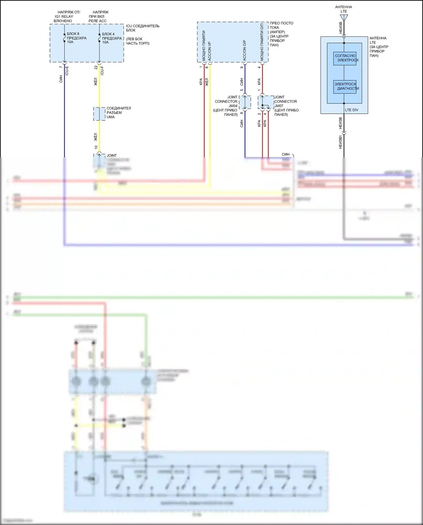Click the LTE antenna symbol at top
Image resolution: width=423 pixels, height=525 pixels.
[344, 18]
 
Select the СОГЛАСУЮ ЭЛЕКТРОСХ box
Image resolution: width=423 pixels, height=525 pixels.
[345, 58]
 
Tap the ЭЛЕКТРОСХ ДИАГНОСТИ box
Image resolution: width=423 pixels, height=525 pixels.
[345, 86]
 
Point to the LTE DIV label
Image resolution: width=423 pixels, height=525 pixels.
[351, 110]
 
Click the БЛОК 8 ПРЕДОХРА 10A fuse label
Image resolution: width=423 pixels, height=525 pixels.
[76, 38]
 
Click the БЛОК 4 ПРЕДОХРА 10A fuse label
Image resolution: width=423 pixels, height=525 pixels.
[112, 38]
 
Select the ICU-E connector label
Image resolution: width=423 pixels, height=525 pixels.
[67, 71]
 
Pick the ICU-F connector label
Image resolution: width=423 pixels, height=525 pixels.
[102, 71]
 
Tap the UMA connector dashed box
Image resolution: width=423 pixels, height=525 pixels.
[99, 114]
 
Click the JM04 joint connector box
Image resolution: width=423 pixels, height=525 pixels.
[245, 102]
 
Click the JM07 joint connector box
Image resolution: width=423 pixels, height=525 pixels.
[266, 102]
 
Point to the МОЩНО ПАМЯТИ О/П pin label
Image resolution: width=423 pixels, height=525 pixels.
[262, 42]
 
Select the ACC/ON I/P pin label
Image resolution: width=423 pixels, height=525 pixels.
[210, 51]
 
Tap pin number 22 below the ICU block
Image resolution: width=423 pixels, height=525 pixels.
[96, 67]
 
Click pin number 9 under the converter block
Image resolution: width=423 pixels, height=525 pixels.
[242, 67]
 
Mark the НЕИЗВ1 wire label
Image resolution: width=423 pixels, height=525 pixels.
[340, 142]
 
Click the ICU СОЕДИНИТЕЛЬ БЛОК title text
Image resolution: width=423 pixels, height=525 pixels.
[142, 28]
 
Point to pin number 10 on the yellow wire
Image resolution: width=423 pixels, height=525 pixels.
[96, 147]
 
